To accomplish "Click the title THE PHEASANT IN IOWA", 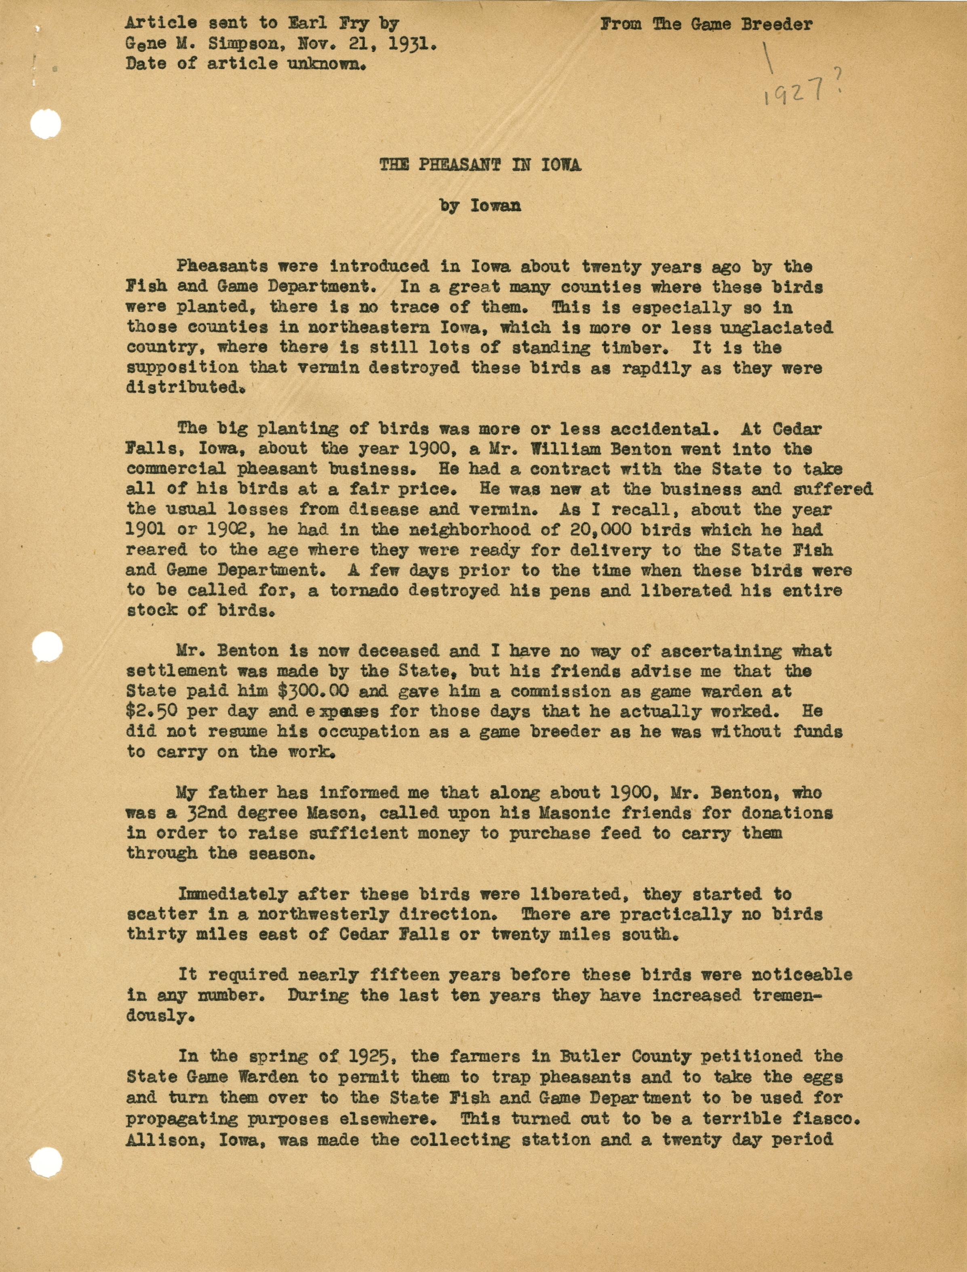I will tap(480, 165).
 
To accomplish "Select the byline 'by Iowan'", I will tap(480, 206).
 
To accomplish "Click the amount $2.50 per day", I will tap(193, 711).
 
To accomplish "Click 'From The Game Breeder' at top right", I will tap(706, 24).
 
